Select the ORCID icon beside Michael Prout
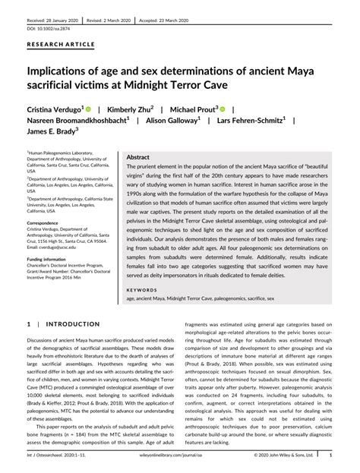tap(223, 109)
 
